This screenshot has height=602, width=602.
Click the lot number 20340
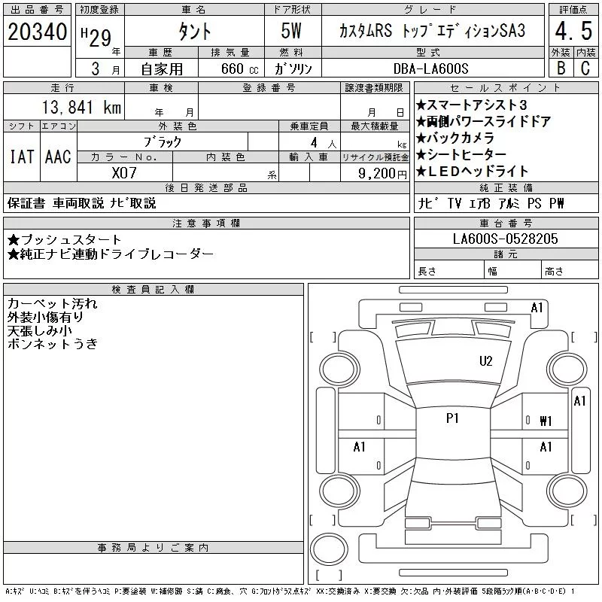37,32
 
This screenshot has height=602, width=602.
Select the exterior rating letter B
561,68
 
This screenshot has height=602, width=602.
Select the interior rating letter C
585,68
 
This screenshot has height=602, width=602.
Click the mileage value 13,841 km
81,107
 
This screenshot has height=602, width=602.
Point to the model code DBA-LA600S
430,68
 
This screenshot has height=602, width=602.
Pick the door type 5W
291,31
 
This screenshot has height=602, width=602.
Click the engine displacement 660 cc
239,68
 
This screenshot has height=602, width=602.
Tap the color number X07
124,173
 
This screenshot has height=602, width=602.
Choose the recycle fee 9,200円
382,174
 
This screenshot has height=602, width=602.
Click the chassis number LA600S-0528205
505,239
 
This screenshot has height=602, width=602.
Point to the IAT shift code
22,157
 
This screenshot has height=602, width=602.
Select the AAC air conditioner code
58,157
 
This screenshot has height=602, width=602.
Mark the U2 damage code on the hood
485,361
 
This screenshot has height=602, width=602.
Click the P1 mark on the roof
452,418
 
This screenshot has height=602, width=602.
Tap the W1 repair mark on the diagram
546,421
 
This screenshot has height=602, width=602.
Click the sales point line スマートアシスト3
472,105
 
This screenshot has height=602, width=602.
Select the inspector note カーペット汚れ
52,304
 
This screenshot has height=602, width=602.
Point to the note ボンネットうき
52,344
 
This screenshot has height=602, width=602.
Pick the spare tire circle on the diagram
329,549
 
